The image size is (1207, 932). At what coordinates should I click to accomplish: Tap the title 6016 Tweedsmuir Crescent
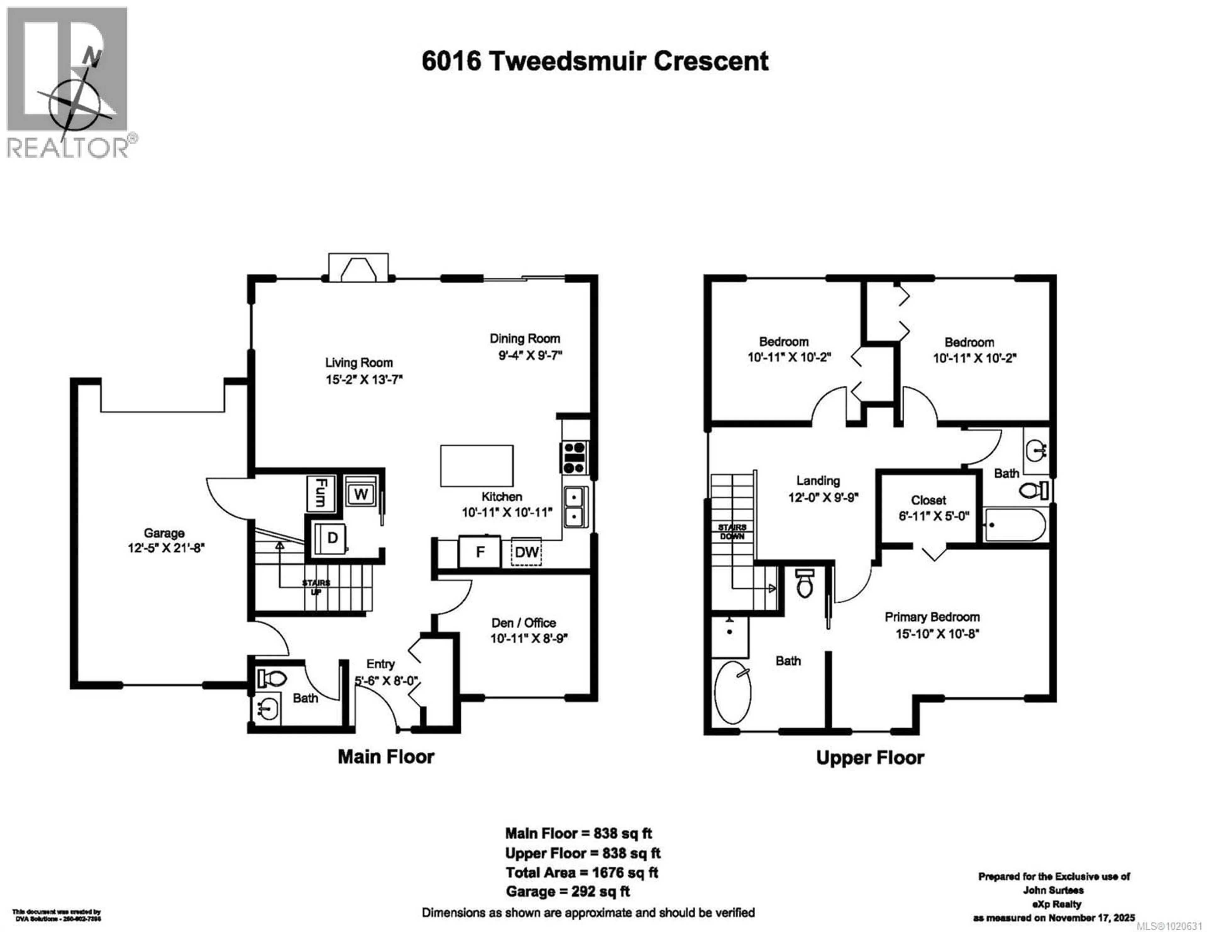(x=595, y=61)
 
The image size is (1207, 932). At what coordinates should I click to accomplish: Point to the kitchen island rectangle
(x=477, y=466)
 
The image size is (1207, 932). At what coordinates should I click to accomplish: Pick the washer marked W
(x=361, y=493)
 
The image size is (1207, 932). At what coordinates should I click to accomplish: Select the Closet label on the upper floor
(x=929, y=500)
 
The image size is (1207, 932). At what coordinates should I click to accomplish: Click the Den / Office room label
(x=523, y=623)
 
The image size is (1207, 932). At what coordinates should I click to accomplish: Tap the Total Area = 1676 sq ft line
(x=581, y=873)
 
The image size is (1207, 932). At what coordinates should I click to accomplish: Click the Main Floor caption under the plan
(x=386, y=756)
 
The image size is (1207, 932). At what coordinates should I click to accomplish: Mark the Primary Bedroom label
(x=932, y=617)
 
